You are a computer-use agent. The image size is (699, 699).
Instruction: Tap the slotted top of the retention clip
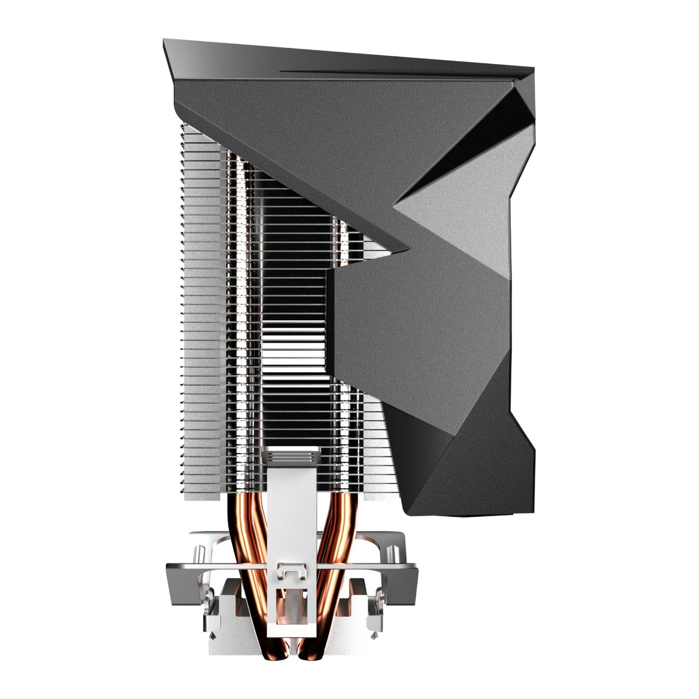(x=290, y=456)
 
